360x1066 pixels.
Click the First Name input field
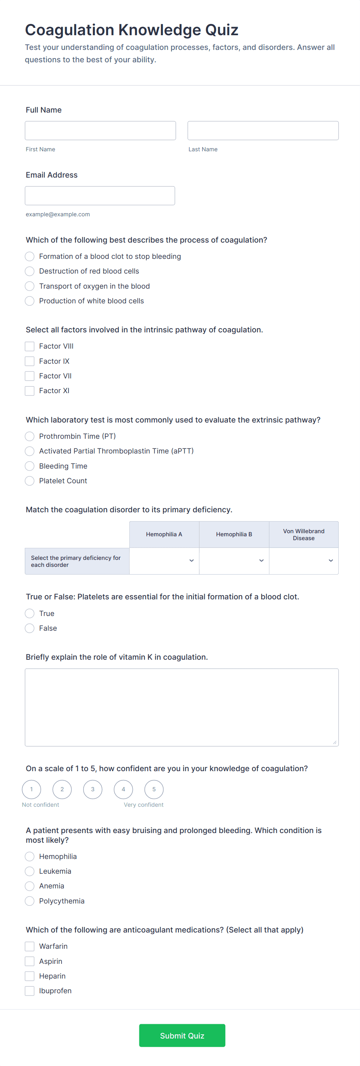point(100,130)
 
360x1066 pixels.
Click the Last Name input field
point(263,130)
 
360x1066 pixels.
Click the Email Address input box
point(100,195)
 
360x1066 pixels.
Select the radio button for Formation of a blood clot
point(30,257)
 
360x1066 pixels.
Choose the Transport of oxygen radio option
point(30,286)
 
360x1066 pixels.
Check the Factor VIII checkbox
point(30,346)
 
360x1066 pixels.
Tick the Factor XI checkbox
point(30,391)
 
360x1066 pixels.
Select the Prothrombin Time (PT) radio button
point(30,436)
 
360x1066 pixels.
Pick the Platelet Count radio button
point(30,481)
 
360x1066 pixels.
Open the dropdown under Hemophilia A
point(164,561)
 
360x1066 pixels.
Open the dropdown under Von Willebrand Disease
point(304,561)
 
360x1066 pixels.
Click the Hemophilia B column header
point(234,534)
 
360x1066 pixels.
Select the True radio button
point(30,613)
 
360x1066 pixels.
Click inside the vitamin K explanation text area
point(182,707)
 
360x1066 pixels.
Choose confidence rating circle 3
point(93,789)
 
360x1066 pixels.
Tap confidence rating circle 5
point(154,789)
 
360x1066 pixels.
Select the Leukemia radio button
point(30,871)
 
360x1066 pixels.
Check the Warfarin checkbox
point(30,946)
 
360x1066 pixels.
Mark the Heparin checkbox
point(30,976)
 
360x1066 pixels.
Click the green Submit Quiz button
point(182,1035)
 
